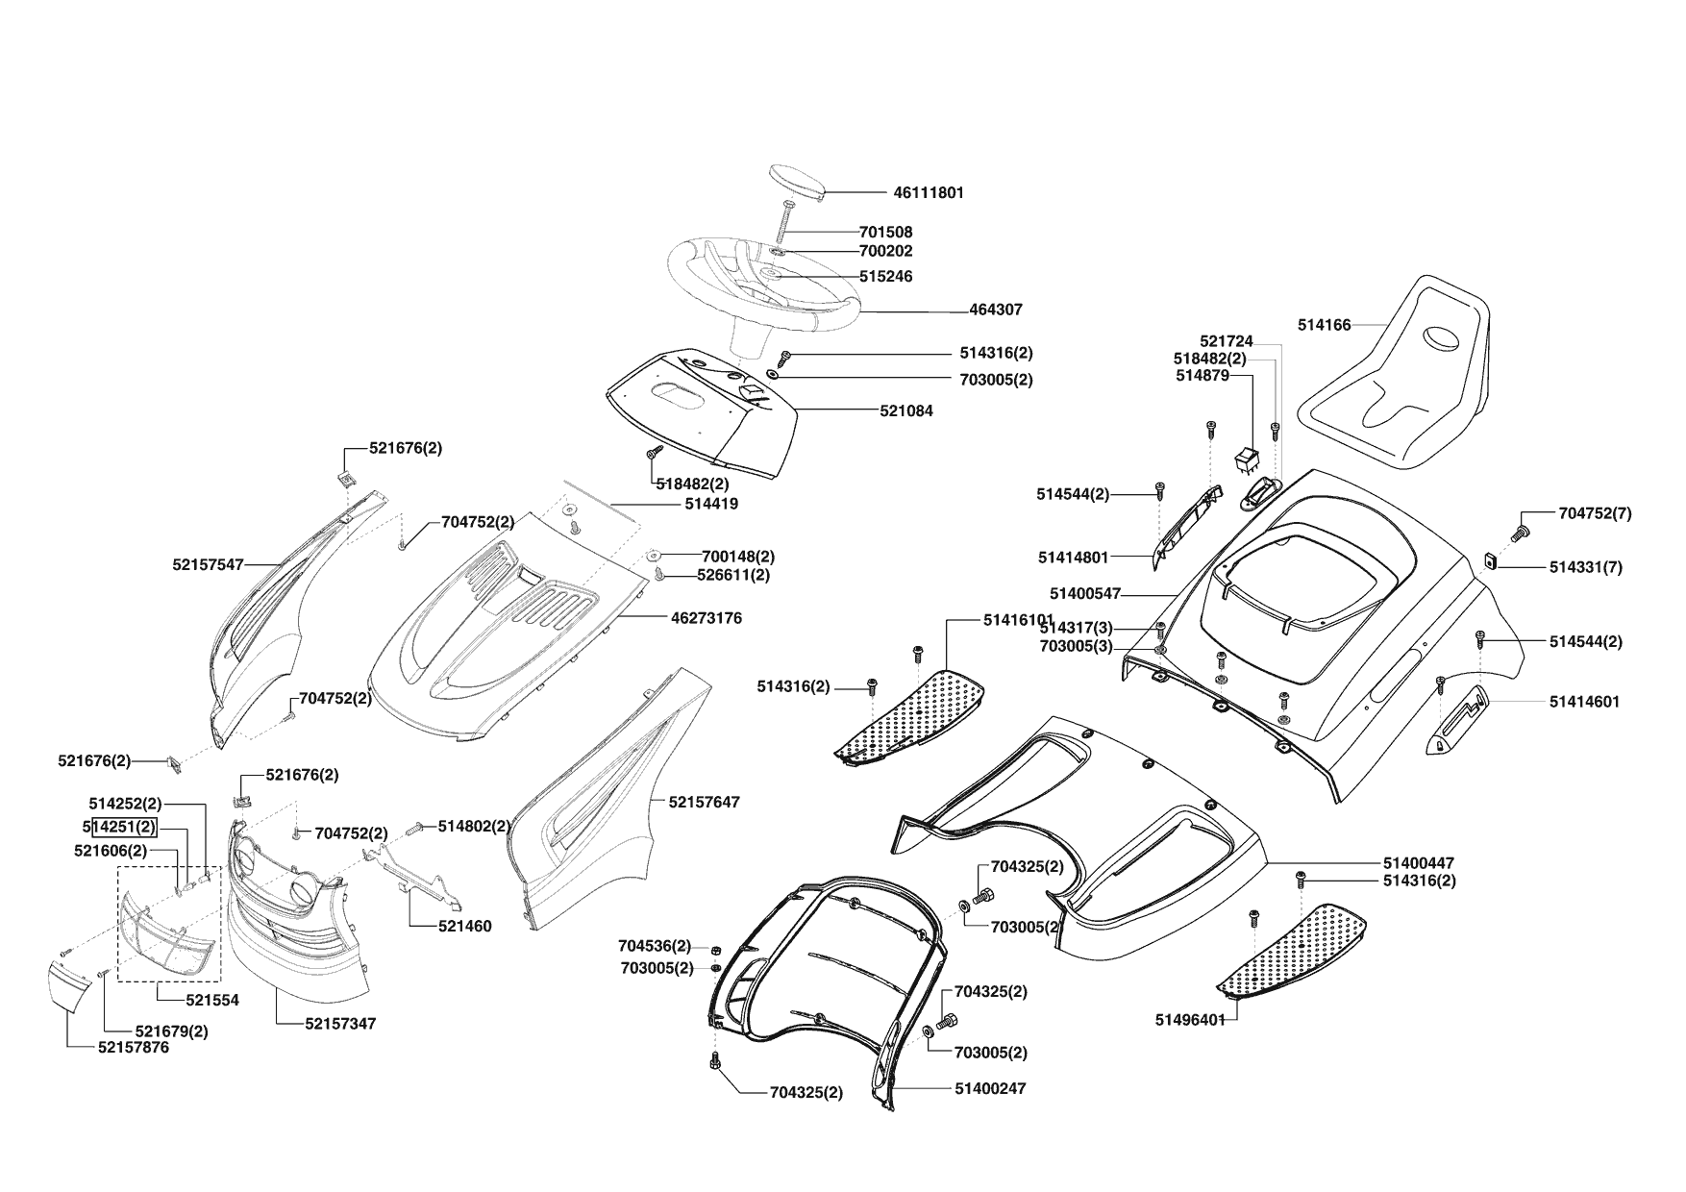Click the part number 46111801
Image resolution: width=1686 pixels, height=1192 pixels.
tap(928, 192)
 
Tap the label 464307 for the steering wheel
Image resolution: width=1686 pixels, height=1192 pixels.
tap(996, 310)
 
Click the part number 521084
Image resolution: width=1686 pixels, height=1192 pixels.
tap(905, 410)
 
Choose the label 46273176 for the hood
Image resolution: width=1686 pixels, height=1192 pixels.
tap(706, 618)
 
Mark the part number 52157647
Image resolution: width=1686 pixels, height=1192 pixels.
tap(705, 802)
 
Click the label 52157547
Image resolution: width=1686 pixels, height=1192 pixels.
tap(209, 565)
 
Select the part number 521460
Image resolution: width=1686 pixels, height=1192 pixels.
tap(463, 927)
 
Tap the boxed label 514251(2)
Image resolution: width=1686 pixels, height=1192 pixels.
tap(123, 827)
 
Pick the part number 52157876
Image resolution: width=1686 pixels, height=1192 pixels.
tap(134, 1048)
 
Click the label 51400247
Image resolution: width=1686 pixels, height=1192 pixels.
tap(990, 1088)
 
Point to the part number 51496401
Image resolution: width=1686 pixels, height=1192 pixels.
tap(1190, 1020)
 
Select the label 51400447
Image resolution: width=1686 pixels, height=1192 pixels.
tap(1419, 863)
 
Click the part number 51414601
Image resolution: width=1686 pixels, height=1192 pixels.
tap(1584, 702)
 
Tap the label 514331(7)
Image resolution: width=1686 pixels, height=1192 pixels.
tap(1585, 567)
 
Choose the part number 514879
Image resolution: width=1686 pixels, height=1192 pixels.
tap(1203, 376)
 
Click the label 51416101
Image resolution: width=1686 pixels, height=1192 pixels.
tap(1019, 620)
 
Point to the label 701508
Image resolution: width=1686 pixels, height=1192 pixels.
tap(885, 232)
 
